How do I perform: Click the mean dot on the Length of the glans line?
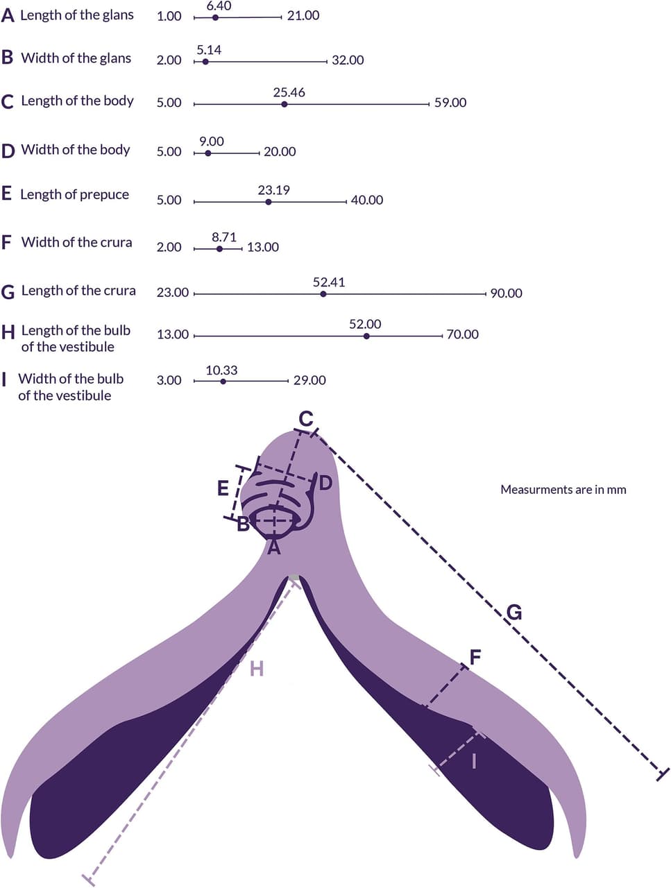(216, 17)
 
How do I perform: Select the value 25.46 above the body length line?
(289, 92)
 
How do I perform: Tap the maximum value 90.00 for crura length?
(506, 293)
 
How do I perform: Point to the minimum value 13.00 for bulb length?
(173, 334)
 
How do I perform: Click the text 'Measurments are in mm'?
(563, 490)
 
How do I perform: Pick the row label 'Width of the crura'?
(76, 242)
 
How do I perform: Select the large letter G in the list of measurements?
(8, 292)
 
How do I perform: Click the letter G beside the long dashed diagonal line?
(514, 613)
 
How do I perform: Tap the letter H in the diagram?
(257, 669)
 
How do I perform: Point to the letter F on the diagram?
(475, 658)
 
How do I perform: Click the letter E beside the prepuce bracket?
(223, 488)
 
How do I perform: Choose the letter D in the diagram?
(325, 484)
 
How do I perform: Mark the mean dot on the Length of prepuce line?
(269, 202)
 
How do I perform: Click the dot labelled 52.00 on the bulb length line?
(366, 336)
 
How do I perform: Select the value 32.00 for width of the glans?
(348, 60)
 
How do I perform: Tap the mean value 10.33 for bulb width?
(221, 370)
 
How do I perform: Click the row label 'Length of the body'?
(77, 101)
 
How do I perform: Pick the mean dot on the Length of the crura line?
(323, 294)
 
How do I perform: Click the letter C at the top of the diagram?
(306, 419)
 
